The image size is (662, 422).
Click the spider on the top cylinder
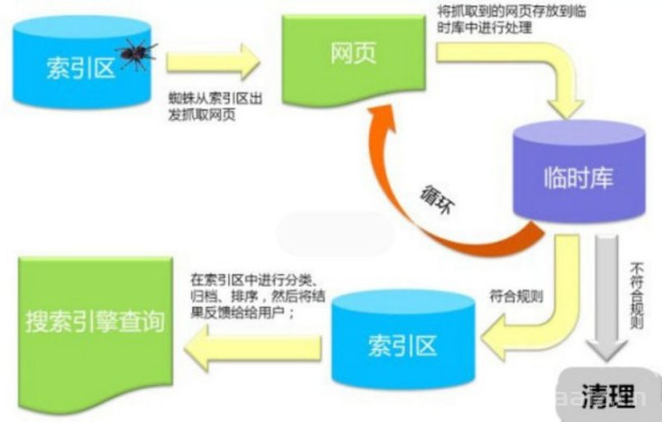click(136, 54)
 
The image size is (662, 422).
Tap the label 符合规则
click(512, 293)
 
